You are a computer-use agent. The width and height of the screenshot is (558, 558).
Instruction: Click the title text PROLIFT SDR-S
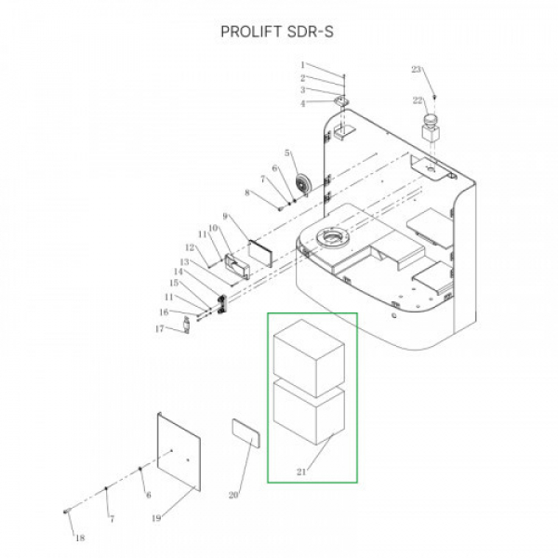[x=277, y=32]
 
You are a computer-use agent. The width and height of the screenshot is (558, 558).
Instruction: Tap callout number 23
[x=416, y=70]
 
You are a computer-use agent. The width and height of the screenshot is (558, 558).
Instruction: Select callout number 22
[x=418, y=100]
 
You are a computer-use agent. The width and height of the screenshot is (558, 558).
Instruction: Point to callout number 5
[x=287, y=153]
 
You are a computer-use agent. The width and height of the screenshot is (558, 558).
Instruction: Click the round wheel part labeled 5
[x=301, y=181]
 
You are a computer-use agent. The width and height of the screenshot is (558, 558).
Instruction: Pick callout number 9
[x=225, y=217]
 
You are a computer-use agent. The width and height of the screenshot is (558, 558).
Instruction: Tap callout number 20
[x=233, y=495]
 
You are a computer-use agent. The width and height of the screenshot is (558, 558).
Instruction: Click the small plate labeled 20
[x=245, y=433]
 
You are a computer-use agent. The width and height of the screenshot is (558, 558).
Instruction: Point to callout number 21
[x=300, y=472]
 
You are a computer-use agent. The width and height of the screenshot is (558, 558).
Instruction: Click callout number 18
[x=78, y=538]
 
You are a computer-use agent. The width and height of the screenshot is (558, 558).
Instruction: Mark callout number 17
[x=159, y=328]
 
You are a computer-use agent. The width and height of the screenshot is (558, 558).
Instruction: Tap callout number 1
[x=302, y=65]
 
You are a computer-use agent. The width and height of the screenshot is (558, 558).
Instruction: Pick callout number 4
[x=302, y=103]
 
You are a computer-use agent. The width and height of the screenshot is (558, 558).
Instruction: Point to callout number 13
[x=183, y=261]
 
